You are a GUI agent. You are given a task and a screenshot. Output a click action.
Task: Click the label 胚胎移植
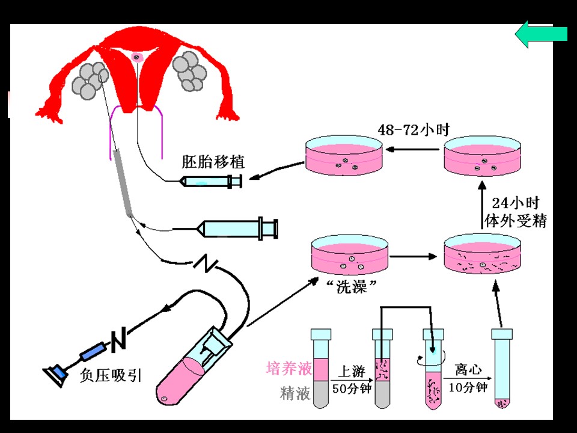coord(213,162)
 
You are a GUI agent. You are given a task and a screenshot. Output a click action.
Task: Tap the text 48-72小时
coord(414,129)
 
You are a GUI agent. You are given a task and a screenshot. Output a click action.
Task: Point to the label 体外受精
coord(515,221)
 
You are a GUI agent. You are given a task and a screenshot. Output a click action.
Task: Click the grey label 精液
coord(295,394)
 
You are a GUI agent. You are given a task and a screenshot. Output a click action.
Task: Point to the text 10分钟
coord(468,388)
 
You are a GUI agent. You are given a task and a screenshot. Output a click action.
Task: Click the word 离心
coord(468,369)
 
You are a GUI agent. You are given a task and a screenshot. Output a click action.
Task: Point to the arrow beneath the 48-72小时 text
coord(413,149)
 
